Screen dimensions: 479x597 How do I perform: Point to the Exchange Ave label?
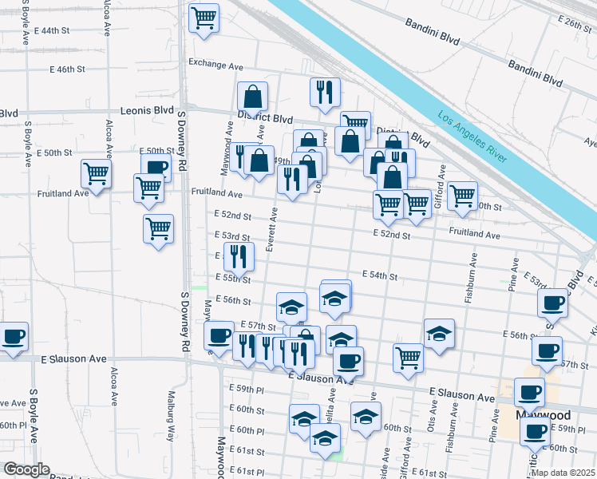[x=215, y=62]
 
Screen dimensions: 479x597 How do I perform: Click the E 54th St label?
[x=379, y=275]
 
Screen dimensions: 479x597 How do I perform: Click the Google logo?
[x=26, y=469]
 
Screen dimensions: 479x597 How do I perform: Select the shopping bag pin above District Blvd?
[x=252, y=97]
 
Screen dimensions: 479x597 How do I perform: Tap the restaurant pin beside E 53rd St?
[x=239, y=256]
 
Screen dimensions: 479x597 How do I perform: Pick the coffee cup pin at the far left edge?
[x=14, y=336]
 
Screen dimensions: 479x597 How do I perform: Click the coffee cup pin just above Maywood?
[x=529, y=391]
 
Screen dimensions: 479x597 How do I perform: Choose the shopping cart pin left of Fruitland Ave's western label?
[x=96, y=172]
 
